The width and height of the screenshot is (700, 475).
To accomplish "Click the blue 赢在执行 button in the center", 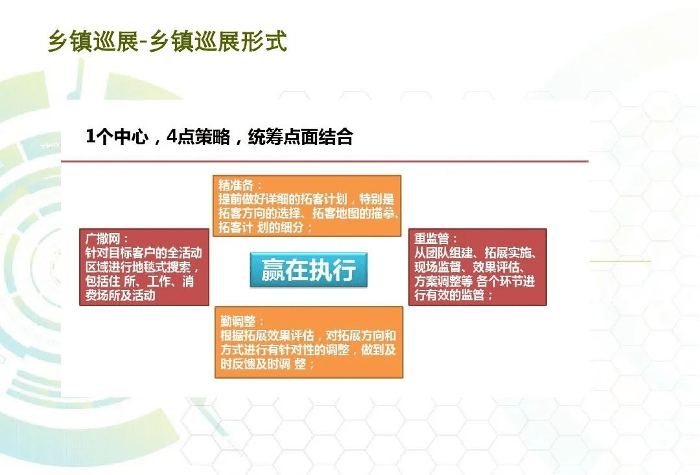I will [309, 271].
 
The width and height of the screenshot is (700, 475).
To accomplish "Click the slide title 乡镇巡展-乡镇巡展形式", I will [167, 41].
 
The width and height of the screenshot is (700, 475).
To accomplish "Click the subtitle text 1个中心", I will [117, 137].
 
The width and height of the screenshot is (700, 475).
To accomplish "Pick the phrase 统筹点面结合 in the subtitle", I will [300, 137].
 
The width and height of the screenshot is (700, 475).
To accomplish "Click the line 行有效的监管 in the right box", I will [454, 295].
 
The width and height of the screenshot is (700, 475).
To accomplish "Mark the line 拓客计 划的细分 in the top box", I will [266, 228].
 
